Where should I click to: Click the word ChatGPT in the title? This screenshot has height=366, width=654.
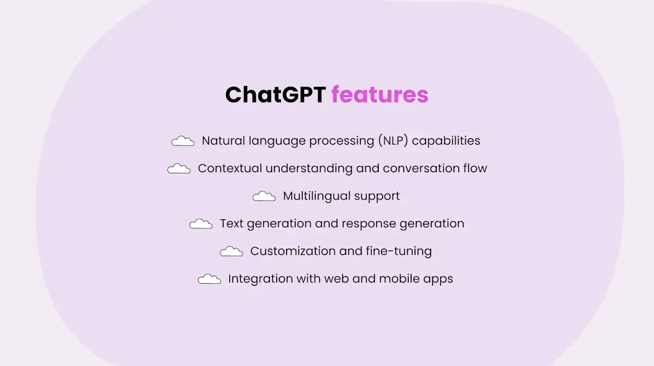pyautogui.click(x=275, y=94)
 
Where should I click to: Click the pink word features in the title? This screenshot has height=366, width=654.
pyautogui.click(x=379, y=94)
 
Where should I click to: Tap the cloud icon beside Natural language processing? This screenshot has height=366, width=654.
pyautogui.click(x=183, y=141)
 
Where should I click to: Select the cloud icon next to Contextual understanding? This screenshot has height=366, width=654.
pyautogui.click(x=179, y=168)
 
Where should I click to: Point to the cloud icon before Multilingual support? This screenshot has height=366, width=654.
pyautogui.click(x=264, y=196)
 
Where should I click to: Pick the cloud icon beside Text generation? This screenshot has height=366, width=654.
pyautogui.click(x=201, y=224)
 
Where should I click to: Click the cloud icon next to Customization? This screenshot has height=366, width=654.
pyautogui.click(x=231, y=251)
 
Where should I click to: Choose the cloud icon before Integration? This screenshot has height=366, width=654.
pyautogui.click(x=209, y=279)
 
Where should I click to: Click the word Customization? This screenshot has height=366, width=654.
pyautogui.click(x=291, y=251)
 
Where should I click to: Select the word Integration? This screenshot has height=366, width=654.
pyautogui.click(x=259, y=279)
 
